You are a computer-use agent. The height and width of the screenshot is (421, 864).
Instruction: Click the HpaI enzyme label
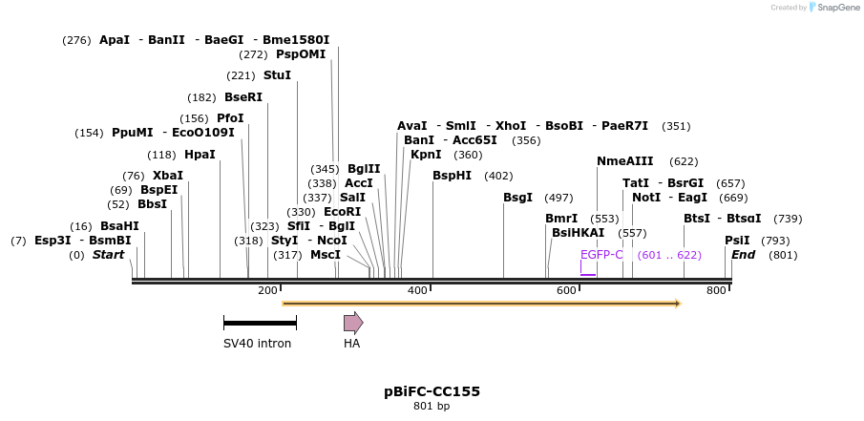(200, 155)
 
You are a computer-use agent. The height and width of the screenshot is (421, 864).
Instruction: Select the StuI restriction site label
(277, 75)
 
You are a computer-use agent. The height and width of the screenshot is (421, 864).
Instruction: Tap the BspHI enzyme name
(452, 176)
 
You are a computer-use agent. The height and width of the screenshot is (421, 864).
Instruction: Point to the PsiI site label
(737, 241)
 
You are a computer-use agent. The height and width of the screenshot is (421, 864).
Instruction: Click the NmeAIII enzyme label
(625, 161)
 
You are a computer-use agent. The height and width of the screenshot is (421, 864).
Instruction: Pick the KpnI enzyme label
(426, 155)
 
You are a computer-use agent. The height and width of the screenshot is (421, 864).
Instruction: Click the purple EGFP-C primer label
(601, 255)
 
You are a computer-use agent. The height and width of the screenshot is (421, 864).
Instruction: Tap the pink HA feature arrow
(353, 323)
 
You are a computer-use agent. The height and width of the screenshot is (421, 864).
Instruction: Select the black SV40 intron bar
(260, 323)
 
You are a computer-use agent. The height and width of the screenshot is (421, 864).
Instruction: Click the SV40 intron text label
(258, 344)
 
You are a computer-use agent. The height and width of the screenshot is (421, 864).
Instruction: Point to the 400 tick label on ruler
(417, 290)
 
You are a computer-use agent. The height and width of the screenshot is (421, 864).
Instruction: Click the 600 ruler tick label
(566, 290)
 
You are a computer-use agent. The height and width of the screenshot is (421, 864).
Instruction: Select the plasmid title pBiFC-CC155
(432, 391)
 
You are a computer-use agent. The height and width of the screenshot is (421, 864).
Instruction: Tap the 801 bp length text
(432, 407)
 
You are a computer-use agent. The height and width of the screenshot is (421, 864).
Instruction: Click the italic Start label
(108, 255)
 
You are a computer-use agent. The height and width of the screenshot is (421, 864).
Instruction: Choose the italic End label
(743, 255)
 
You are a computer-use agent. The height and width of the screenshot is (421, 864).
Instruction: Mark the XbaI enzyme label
(168, 176)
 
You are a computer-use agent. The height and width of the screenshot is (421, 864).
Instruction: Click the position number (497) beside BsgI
(558, 198)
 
